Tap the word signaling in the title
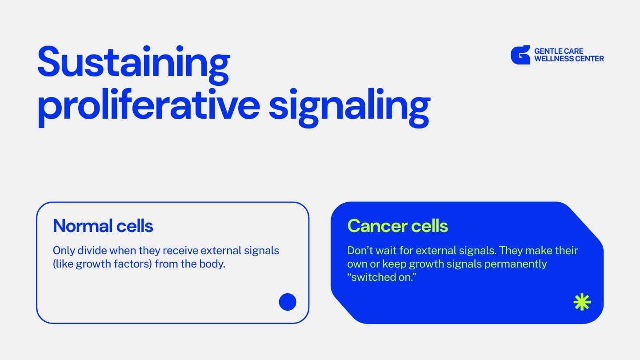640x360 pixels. pos(349,108)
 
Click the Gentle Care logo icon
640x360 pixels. pos(520,55)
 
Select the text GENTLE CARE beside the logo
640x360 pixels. pos(559,51)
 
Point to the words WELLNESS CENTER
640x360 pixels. pos(569,59)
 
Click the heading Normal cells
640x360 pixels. pos(103,226)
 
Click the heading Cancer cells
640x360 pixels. pos(397,226)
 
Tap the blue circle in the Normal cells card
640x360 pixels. pos(288,302)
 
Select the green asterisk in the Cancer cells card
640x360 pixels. pos(582,302)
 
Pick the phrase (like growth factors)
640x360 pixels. pos(102,264)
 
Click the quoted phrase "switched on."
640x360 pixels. pos(382,277)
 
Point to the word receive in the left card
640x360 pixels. pos(180,251)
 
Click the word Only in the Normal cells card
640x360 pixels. pos(64,251)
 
